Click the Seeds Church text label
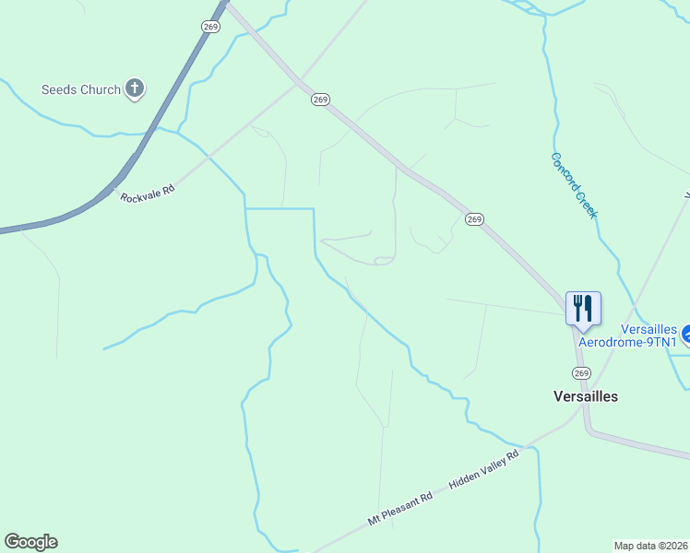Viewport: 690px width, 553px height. (81, 89)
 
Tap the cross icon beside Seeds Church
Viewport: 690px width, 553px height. (135, 88)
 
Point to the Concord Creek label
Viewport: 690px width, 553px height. (575, 185)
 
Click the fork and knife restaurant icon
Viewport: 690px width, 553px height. (583, 306)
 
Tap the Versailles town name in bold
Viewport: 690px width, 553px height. (585, 396)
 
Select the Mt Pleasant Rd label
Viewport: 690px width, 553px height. (399, 509)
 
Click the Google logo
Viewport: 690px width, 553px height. (30, 542)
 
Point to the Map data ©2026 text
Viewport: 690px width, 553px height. (650, 545)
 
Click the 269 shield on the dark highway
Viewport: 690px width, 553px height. (211, 27)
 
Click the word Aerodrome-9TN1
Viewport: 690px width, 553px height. (627, 342)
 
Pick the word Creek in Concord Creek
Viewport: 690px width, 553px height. (587, 204)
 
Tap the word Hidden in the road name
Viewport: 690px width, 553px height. (463, 478)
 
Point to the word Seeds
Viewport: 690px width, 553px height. (60, 89)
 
